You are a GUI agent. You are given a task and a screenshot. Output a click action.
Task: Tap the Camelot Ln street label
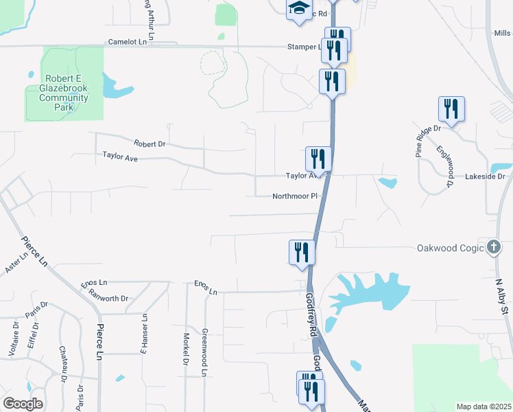[128, 42]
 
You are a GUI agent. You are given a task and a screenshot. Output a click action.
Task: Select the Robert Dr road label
[150, 144]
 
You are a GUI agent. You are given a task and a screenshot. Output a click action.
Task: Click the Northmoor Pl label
[296, 196]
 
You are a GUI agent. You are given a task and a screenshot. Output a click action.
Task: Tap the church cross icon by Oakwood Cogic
[494, 247]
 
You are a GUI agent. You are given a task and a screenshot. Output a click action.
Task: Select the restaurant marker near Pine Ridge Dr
[451, 108]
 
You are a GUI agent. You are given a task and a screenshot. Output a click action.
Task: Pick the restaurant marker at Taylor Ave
[318, 159]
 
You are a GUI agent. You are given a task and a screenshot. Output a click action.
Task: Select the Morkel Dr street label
[186, 350]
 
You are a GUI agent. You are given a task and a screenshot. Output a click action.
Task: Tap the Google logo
[23, 404]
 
